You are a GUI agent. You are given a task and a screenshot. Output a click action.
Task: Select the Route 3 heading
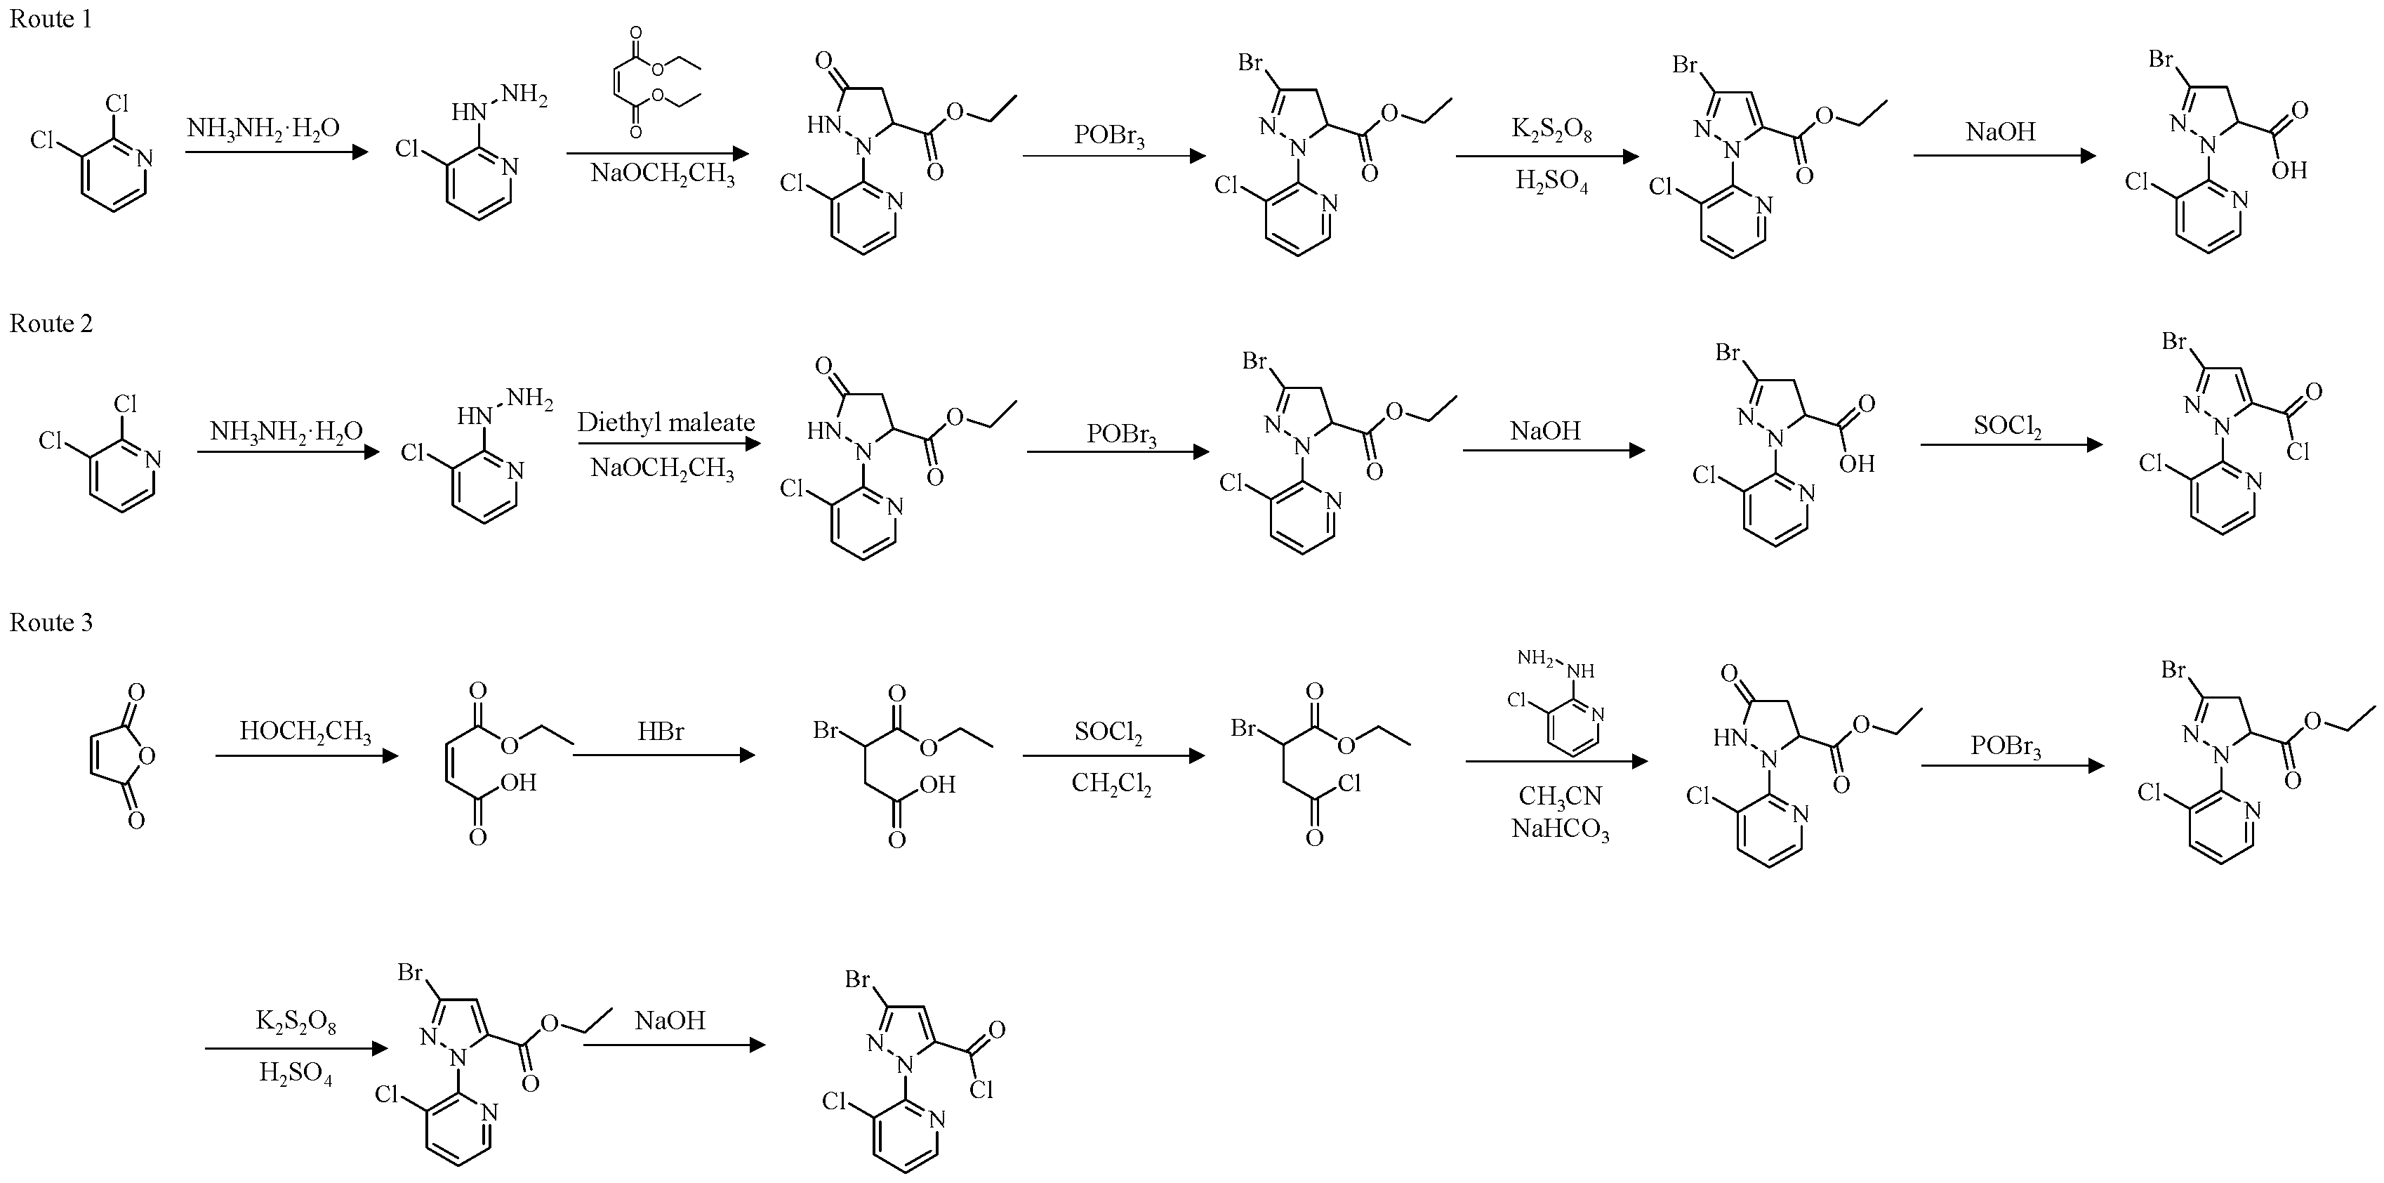point(51,622)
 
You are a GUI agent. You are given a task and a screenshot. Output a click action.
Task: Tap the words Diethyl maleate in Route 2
point(665,423)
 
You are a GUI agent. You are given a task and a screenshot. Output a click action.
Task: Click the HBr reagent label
point(660,732)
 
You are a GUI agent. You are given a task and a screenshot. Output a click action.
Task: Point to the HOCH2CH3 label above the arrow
point(305,732)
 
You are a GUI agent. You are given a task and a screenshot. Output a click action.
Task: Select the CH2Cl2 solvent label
point(1111,785)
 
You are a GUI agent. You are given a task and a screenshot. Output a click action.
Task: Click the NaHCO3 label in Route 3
point(1561,829)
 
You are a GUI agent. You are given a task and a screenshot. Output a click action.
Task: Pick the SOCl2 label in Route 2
point(2007,425)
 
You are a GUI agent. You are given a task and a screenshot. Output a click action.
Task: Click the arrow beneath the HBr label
point(663,755)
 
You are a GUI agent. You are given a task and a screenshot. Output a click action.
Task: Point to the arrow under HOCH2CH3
point(306,756)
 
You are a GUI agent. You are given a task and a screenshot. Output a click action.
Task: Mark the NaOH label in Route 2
point(1546,430)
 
